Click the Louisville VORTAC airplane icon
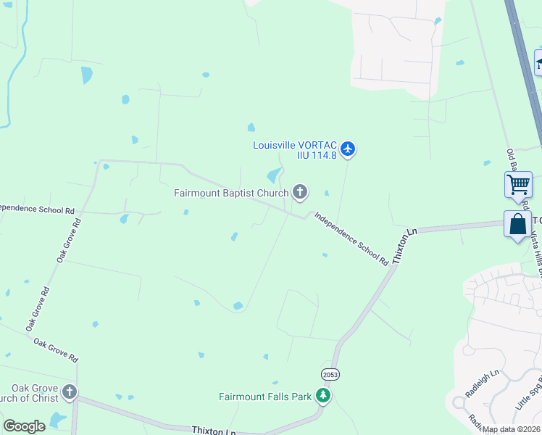coord(348,149)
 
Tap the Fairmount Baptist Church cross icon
coord(299,192)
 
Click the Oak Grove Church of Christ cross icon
coord(69,393)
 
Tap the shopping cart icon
coord(518,184)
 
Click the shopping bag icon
coord(518,224)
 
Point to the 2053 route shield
coord(330,374)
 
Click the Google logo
coord(24,426)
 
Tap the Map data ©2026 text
coord(511,429)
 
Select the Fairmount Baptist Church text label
coord(230,193)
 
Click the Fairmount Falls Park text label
coord(265,397)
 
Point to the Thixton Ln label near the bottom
coord(214,431)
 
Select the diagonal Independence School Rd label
coord(351,239)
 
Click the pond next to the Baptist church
coord(274,175)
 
